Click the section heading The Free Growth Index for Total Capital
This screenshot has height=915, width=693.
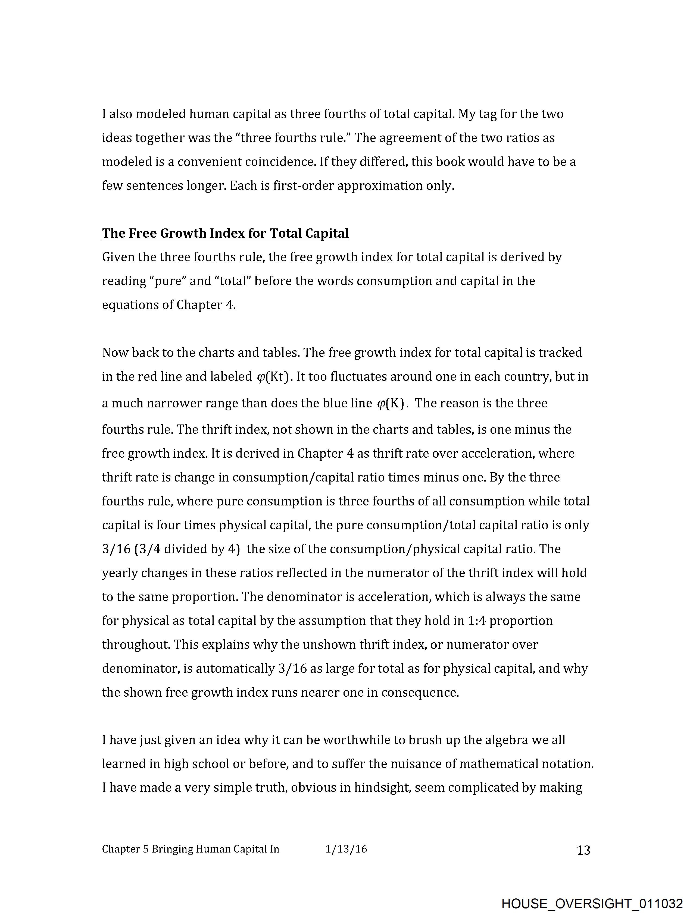(x=225, y=233)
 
